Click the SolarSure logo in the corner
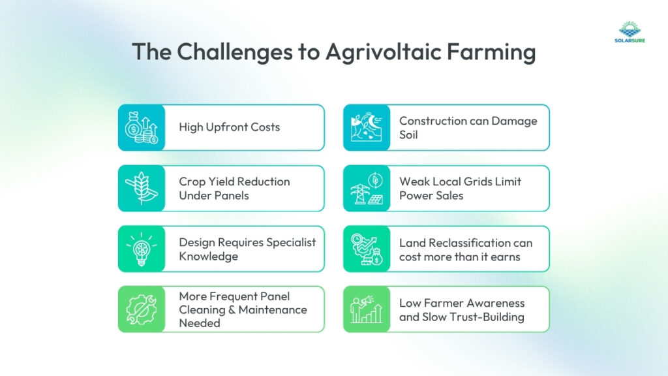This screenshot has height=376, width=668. click(630, 35)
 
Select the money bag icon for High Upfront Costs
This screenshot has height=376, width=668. click(141, 127)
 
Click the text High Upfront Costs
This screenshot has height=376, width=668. click(229, 127)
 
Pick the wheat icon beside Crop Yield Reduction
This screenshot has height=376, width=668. click(141, 188)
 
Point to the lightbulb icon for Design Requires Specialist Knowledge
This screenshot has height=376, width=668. click(141, 249)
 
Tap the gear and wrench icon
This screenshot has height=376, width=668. click(141, 309)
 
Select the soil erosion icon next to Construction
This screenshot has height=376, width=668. click(367, 127)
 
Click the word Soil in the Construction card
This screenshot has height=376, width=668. click(408, 134)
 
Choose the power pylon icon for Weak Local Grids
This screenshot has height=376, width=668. click(367, 188)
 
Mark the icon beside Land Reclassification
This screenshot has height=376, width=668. click(367, 249)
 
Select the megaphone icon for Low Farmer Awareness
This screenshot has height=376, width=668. click(367, 309)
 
